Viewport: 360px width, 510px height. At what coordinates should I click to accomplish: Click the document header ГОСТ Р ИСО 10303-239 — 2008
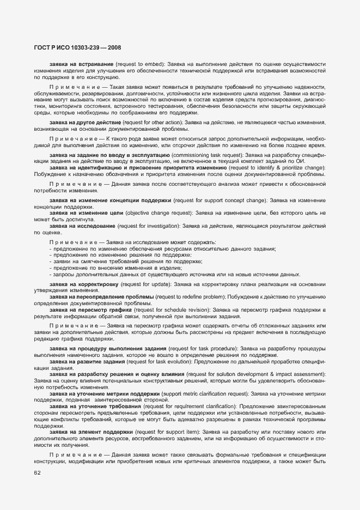tap(71, 47)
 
